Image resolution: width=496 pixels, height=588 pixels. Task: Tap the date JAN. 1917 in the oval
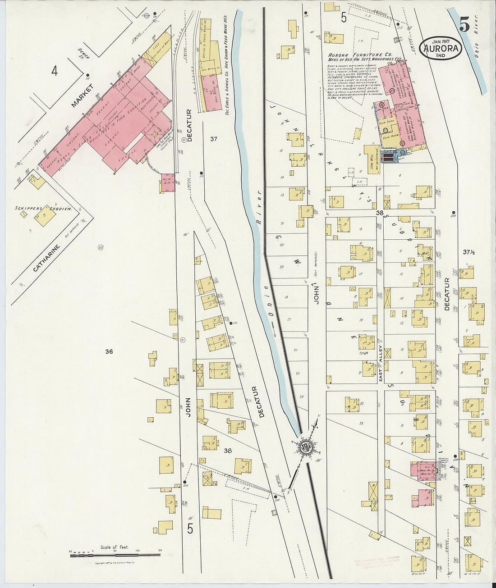coord(440,41)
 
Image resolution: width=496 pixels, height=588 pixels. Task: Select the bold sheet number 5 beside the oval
coord(464,25)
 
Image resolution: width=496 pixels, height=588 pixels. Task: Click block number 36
coord(108,351)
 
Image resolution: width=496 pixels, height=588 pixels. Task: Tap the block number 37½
coord(469,252)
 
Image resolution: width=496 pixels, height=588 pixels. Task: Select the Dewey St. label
coord(83,54)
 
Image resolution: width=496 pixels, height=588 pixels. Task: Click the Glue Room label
coord(390,139)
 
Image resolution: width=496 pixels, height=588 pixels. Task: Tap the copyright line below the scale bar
coord(115,563)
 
